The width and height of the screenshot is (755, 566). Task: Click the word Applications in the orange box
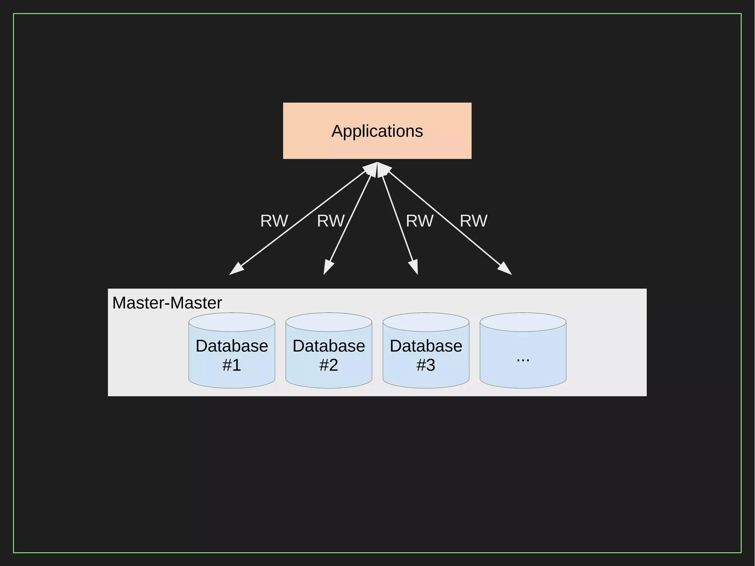(377, 131)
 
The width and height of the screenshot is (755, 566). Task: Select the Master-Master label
(167, 303)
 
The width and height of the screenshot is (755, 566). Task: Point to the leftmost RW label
(274, 221)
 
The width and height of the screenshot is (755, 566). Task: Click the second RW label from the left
(331, 221)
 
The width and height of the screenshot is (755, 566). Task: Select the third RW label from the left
(420, 221)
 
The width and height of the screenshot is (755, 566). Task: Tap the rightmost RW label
(474, 221)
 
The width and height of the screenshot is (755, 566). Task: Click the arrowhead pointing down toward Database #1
(236, 270)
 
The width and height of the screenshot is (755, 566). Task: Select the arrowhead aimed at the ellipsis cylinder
(506, 270)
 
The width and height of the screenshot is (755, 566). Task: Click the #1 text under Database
(232, 365)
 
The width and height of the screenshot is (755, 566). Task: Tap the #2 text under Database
(329, 365)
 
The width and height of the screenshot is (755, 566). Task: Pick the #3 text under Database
(426, 365)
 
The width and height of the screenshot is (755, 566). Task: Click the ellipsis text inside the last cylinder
(523, 359)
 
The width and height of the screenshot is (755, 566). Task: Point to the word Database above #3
(426, 346)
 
